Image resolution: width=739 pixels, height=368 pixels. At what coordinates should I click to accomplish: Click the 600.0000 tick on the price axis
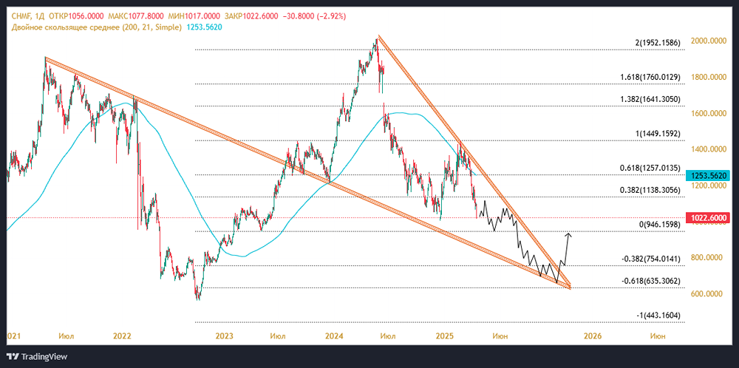(707, 294)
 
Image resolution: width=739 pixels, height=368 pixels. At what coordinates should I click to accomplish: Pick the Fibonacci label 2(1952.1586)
(651, 43)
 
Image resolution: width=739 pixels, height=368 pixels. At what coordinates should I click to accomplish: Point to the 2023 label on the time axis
(225, 335)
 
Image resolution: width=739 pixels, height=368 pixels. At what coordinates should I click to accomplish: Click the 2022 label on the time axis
(122, 335)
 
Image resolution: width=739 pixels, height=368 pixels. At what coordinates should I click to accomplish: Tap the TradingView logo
(37, 356)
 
